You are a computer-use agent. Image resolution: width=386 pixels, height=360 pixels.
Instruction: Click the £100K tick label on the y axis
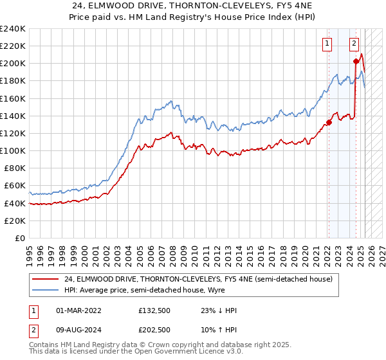13,150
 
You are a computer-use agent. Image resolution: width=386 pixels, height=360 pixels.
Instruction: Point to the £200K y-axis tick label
13,64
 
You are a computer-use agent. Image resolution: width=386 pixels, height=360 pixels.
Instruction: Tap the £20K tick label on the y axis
15,220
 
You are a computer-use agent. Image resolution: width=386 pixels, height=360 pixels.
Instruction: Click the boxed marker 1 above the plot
328,44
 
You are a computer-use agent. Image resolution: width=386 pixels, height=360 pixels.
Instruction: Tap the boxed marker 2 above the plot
354,44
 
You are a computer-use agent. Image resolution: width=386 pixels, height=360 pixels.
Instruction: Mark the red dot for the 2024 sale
356,62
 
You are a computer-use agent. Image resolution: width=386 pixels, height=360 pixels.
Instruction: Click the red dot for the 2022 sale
328,122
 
